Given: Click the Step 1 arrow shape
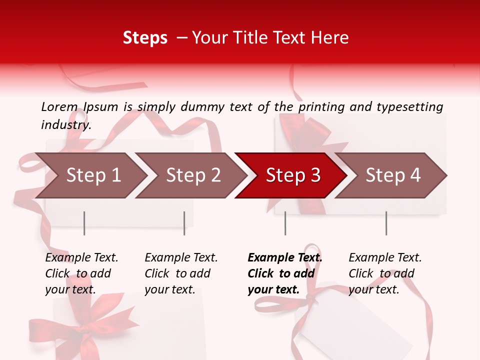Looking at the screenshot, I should point(92,175).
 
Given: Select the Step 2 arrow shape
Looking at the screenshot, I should point(192,175).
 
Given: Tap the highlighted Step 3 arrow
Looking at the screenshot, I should point(292,175).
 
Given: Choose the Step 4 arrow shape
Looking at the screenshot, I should point(392,175).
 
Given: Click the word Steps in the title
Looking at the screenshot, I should point(145,38).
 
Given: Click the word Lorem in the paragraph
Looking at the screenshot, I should point(59,106).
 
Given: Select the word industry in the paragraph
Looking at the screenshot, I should point(66,124).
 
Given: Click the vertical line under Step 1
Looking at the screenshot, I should point(84,223).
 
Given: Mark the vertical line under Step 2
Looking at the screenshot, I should point(184,223).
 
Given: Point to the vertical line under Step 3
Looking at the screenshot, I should point(285,223).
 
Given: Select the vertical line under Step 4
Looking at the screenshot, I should point(386,223).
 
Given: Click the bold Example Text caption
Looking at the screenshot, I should point(284,273).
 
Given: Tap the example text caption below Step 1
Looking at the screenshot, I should point(81,273).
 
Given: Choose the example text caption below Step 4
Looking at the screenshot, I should point(384,273).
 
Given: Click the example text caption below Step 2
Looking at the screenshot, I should point(180,273).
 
